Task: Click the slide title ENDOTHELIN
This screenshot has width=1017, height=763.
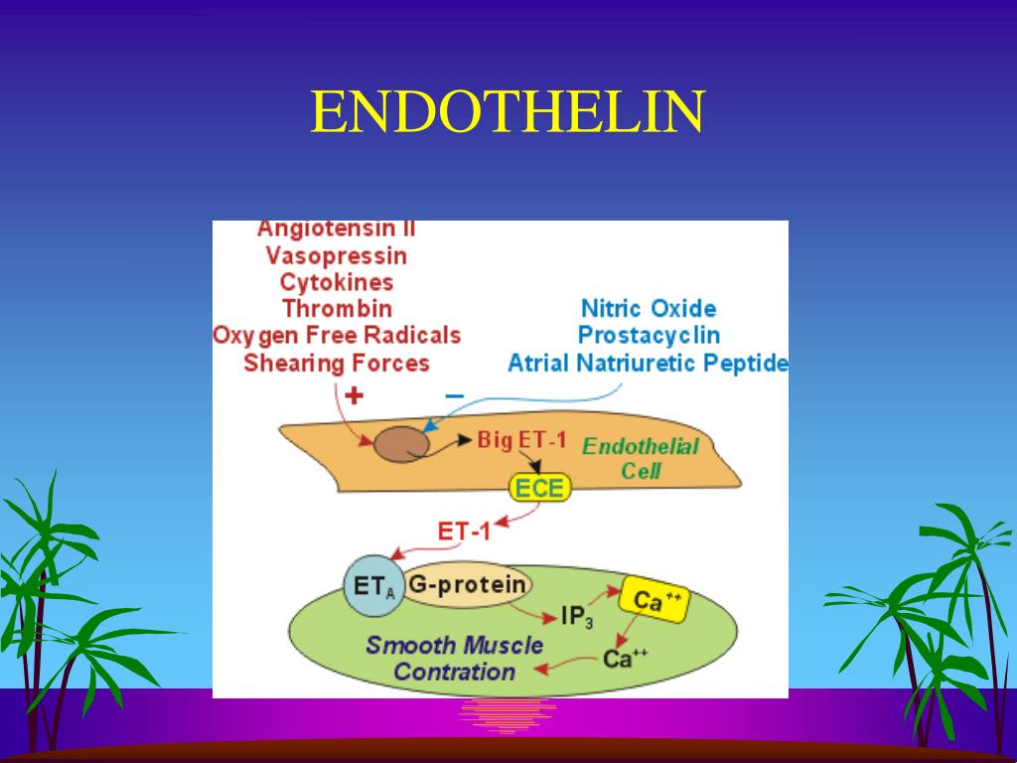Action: [x=508, y=112]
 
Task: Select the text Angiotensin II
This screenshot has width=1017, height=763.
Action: [x=336, y=229]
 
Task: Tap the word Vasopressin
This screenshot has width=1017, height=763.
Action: [x=336, y=255]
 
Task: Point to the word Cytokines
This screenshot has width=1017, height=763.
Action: [x=336, y=282]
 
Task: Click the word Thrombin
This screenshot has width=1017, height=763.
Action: [x=336, y=309]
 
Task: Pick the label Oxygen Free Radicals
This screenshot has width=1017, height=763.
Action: [x=336, y=335]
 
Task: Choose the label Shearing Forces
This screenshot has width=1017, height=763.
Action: [x=336, y=363]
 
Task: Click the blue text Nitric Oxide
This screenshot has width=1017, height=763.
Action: [x=648, y=308]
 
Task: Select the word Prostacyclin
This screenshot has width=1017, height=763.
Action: [x=648, y=335]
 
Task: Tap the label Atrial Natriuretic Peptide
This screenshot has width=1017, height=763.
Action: [x=648, y=363]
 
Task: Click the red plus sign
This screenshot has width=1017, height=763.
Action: [x=354, y=396]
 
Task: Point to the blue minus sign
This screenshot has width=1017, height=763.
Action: [x=454, y=395]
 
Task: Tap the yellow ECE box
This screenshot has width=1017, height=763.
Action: [x=539, y=488]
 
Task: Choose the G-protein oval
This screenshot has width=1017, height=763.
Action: [x=467, y=585]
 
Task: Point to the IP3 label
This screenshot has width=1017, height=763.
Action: [x=577, y=618]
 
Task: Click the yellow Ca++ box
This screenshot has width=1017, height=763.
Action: [x=652, y=600]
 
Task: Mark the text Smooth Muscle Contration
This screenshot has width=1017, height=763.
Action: [x=454, y=658]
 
